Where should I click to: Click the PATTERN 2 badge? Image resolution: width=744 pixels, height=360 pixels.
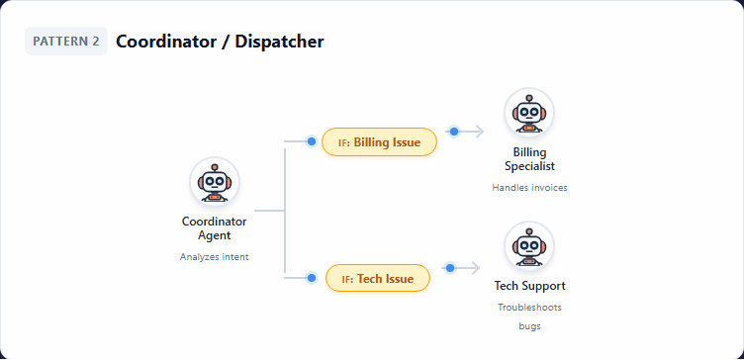click(x=66, y=42)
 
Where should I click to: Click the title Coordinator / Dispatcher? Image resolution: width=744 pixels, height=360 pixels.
click(x=220, y=42)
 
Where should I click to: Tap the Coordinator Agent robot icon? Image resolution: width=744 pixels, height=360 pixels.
click(x=215, y=183)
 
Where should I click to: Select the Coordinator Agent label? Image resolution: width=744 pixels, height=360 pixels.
click(x=215, y=228)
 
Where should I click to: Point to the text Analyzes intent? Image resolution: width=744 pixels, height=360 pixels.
click(x=215, y=257)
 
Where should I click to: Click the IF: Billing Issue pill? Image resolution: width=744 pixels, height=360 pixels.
click(x=379, y=142)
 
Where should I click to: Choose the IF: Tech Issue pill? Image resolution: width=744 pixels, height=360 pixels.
click(x=377, y=279)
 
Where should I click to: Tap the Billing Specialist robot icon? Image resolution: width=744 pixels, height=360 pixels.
click(x=529, y=114)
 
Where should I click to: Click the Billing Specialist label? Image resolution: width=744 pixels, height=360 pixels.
click(x=529, y=159)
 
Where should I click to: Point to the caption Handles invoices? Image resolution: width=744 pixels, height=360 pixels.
click(x=529, y=187)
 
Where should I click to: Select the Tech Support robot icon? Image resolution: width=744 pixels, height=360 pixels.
click(x=529, y=247)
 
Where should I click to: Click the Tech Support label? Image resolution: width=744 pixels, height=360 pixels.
click(x=529, y=286)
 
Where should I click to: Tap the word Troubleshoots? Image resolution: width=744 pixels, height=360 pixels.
click(x=529, y=308)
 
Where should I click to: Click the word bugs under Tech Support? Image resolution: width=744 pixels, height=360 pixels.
click(x=529, y=325)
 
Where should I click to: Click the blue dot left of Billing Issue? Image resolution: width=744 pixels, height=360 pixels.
click(x=312, y=141)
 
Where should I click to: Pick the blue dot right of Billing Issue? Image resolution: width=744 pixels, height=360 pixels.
click(x=453, y=131)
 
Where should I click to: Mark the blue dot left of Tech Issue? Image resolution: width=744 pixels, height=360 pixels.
click(x=312, y=278)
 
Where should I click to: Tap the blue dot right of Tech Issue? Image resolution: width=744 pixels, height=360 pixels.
click(x=449, y=267)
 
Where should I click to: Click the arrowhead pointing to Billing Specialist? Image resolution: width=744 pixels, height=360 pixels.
click(x=479, y=131)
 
